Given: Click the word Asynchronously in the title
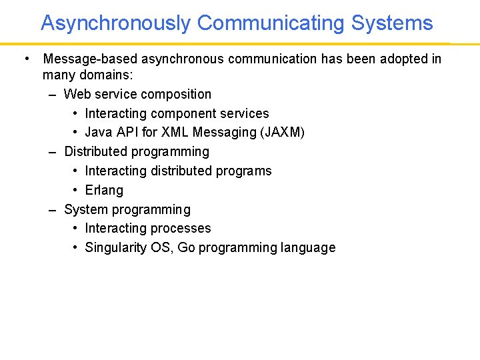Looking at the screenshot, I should tap(115, 23).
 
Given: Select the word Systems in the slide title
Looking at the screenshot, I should tap(392, 23).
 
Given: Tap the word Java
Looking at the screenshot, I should tap(99, 133).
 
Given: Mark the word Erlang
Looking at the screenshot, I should tap(104, 190).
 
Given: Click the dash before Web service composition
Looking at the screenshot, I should tap(53, 95).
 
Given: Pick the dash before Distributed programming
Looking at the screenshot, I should tap(53, 152).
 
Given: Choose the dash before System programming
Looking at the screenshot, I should tap(53, 209).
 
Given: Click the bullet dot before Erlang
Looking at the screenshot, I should tap(77, 190).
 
